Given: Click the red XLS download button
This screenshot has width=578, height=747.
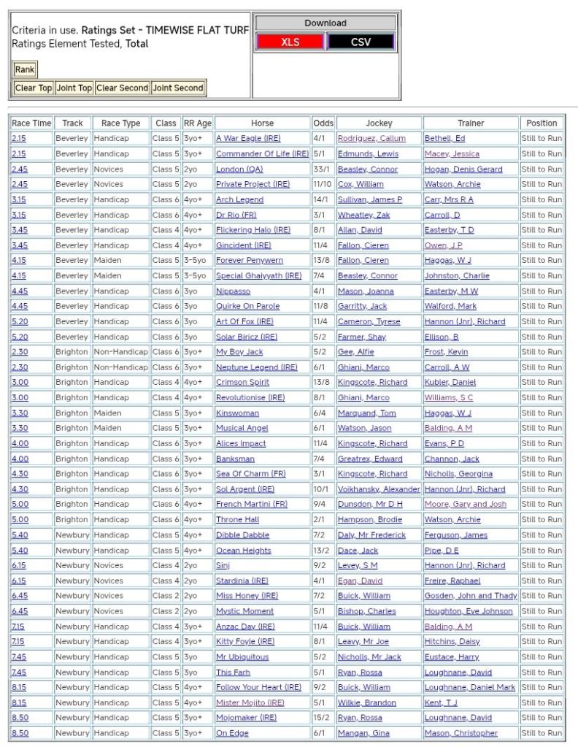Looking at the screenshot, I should (x=290, y=42).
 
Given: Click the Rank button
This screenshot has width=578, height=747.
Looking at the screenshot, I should (x=24, y=69).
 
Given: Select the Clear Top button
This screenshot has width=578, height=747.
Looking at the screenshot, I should (x=34, y=88).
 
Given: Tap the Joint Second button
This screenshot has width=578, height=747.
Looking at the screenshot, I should (x=178, y=88).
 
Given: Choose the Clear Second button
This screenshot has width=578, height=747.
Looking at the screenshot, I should (x=122, y=88).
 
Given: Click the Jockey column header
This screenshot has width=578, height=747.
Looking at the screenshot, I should (x=378, y=123).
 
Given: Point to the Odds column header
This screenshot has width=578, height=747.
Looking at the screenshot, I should (x=323, y=123).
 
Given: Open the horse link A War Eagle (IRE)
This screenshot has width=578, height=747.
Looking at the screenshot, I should (x=248, y=138).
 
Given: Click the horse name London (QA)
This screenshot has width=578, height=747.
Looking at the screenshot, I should (x=239, y=169).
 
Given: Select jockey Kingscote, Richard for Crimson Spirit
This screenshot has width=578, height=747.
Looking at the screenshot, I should (x=372, y=382).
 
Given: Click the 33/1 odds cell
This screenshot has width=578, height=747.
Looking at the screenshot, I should (x=320, y=169).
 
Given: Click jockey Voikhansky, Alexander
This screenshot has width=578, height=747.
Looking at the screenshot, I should (x=378, y=489).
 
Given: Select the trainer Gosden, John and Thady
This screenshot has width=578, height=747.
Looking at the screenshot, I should (x=471, y=595).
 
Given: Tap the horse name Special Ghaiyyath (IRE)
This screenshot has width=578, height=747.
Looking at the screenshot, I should (x=258, y=275).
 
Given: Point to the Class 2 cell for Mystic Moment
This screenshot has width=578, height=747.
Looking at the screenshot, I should (x=165, y=610).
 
